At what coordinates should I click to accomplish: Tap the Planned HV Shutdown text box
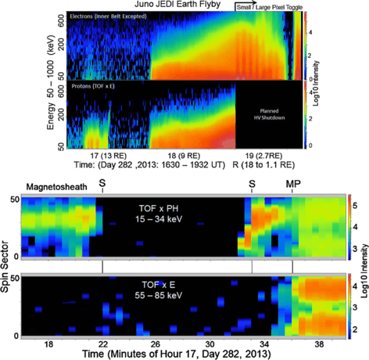tap(265, 113)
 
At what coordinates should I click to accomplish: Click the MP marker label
tap(292, 184)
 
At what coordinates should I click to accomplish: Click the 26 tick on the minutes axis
tap(156, 344)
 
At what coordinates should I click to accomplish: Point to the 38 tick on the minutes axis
tap(317, 344)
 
